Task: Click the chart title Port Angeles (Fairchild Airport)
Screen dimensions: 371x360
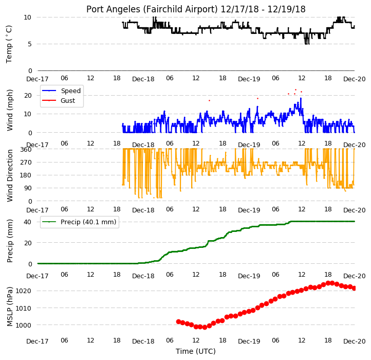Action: click(152, 9)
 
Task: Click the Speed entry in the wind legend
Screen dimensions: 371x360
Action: click(71, 91)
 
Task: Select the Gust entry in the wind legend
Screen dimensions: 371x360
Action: click(68, 101)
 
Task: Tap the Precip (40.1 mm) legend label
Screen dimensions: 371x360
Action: click(88, 222)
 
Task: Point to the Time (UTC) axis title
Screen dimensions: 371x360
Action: click(196, 351)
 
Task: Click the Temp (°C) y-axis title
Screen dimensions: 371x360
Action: click(9, 44)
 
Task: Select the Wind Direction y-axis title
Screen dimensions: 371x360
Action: click(9, 175)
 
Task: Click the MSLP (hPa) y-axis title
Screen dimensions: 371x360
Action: click(9, 307)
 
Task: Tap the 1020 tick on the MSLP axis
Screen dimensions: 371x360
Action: click(24, 291)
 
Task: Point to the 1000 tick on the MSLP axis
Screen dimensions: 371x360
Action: click(24, 325)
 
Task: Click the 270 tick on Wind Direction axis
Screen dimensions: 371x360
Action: click(26, 163)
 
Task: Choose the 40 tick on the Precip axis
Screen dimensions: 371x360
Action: click(27, 222)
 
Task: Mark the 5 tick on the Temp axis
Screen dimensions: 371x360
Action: click(30, 44)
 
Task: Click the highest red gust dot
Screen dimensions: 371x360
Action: click(296, 90)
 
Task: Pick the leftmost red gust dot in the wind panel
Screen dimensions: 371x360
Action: click(210, 101)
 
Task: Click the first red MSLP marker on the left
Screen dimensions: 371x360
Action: click(179, 321)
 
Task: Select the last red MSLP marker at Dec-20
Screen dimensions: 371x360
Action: click(354, 288)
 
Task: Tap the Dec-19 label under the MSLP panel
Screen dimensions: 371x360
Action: click(249, 341)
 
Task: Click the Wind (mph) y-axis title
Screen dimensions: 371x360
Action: click(9, 110)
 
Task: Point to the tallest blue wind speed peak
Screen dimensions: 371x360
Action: click(301, 98)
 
